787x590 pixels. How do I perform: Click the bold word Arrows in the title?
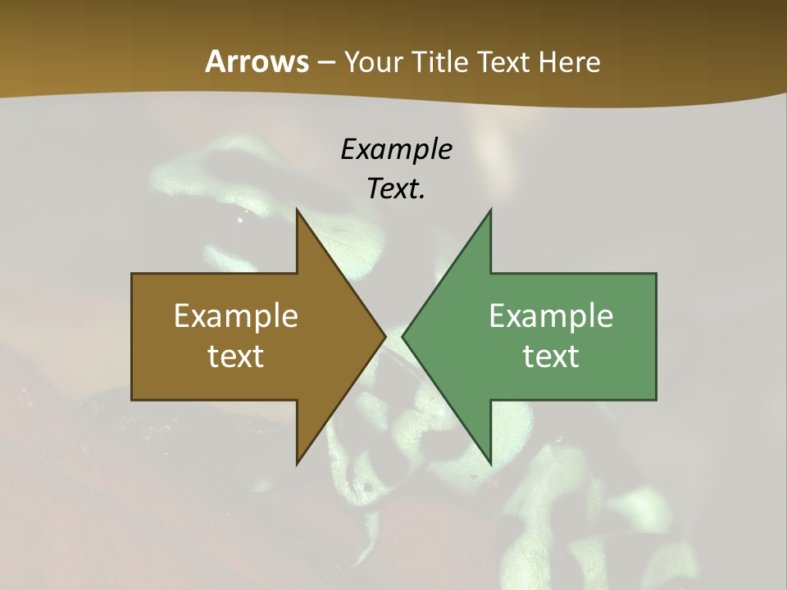(x=257, y=61)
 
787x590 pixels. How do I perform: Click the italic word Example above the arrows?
(x=396, y=149)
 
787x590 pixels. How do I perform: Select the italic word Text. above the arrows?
(x=396, y=188)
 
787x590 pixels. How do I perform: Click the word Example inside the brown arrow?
(x=236, y=315)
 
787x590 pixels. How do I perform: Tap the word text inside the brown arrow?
(x=236, y=356)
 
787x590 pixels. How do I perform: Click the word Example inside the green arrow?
(x=551, y=315)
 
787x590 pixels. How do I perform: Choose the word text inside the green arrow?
(x=551, y=356)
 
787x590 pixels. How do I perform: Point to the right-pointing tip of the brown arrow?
(x=384, y=337)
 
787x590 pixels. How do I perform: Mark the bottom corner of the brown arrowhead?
(x=297, y=463)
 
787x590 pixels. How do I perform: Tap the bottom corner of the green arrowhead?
(x=490, y=463)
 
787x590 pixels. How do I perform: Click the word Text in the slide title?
(x=503, y=61)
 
